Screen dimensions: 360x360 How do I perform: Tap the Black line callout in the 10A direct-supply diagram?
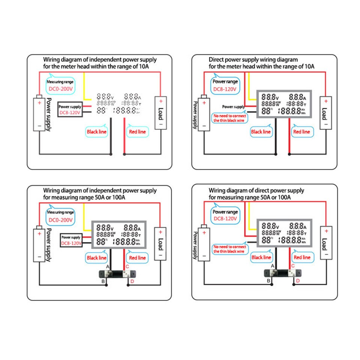[261, 132]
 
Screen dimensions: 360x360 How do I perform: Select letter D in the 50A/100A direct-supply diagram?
[298, 280]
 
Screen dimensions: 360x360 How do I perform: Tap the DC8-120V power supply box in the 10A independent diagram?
[70, 109]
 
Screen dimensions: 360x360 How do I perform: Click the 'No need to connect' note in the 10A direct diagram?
[229, 118]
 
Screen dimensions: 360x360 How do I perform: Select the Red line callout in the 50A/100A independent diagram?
[137, 258]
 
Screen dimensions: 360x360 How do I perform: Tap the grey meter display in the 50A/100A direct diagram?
[284, 233]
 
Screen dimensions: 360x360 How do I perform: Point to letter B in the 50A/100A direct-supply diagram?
[268, 280]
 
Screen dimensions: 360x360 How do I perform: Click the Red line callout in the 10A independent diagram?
[137, 132]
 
